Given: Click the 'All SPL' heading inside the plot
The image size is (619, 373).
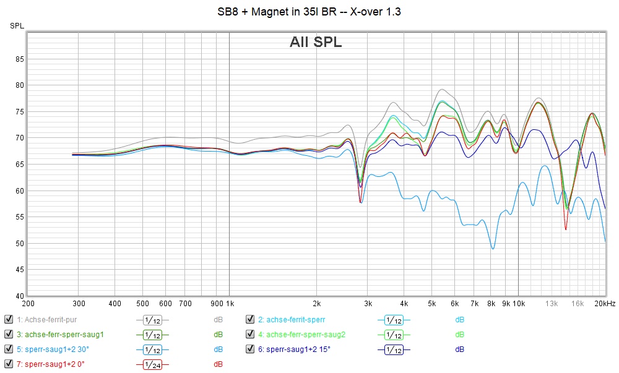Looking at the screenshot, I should tap(316, 42).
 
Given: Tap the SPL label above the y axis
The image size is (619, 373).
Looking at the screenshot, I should tap(17, 25).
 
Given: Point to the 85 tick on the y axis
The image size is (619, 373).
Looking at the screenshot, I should tap(19, 59).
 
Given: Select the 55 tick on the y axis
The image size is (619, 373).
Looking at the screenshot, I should tap(19, 217).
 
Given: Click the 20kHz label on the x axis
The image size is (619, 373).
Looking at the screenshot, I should tap(605, 304).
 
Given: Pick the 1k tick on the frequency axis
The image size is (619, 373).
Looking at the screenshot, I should tap(229, 304).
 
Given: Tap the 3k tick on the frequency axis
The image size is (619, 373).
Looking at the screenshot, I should tap(367, 304).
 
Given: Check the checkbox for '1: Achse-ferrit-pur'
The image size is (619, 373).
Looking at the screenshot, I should tap(9, 320).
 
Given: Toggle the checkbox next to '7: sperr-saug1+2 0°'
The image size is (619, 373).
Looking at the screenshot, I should tap(9, 364).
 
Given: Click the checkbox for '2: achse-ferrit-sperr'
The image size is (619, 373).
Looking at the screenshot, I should tap(250, 320).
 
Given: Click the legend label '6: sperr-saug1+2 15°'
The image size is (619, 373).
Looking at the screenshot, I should tap(294, 349).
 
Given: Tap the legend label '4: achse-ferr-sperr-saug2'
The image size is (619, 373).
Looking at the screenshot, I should tap(301, 335).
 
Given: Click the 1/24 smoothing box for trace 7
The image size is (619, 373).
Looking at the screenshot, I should tap(152, 364).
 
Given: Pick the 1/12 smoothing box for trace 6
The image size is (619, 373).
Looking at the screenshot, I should tap(393, 349).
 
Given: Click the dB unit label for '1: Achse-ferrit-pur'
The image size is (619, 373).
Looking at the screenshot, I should tap(218, 320).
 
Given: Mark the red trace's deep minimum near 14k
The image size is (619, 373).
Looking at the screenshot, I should tap(566, 229).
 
